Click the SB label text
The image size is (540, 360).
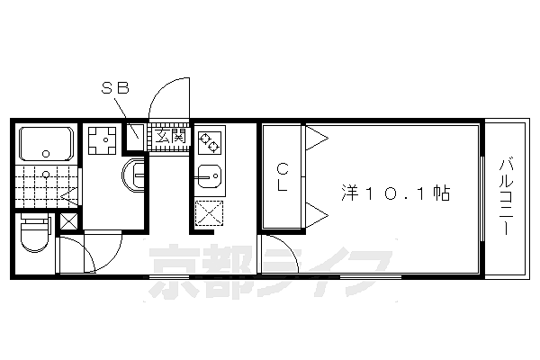(115, 87)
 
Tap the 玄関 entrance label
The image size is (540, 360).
(170, 136)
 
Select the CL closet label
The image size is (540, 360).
(283, 177)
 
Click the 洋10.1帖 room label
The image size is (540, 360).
(395, 193)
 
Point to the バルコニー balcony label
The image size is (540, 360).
(506, 196)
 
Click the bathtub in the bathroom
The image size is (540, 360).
(46, 144)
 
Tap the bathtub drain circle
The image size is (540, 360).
(46, 154)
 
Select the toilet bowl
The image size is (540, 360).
(34, 234)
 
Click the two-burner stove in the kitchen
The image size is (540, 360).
(210, 142)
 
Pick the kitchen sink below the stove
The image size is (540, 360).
(210, 176)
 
